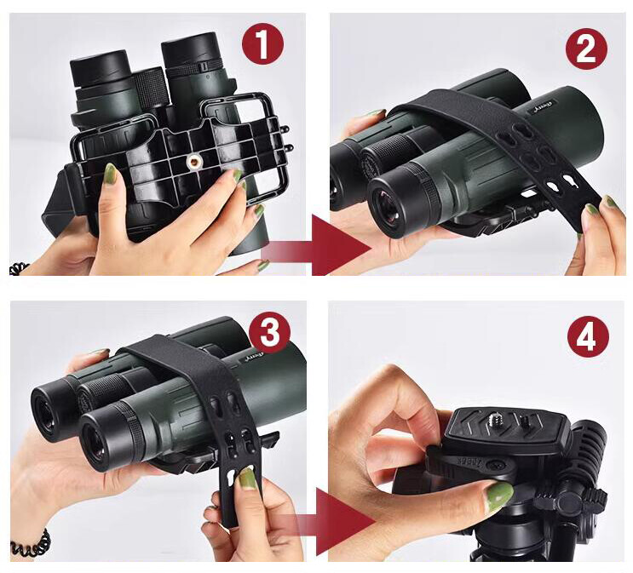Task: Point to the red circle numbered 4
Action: (x=587, y=338)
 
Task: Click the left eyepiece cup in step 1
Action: (x=100, y=67)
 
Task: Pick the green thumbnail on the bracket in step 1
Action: (x=110, y=174)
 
